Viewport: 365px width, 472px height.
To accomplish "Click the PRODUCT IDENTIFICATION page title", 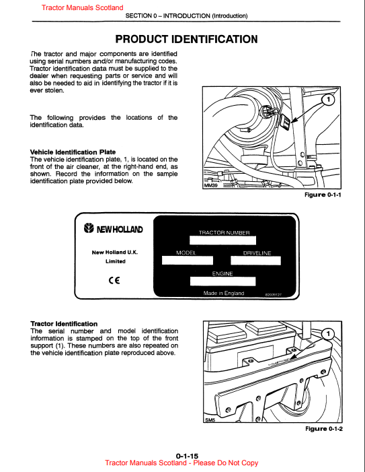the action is click(186, 39).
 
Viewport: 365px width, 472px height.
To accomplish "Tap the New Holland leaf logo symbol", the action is click(89, 228).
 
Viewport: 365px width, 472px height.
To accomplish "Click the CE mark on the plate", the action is click(114, 281).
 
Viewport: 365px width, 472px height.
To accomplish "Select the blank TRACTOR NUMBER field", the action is click(222, 240).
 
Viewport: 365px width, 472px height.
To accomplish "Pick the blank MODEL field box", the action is click(188, 261).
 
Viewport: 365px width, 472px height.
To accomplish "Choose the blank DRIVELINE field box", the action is click(255, 261).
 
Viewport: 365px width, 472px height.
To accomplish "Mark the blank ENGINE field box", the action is click(222, 281).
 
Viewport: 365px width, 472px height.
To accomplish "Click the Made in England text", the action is click(224, 293).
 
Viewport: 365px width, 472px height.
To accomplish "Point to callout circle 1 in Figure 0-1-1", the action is click(328, 100).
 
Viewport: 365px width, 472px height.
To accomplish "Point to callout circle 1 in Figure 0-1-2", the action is click(328, 333).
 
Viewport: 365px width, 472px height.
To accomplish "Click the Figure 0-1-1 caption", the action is click(323, 195).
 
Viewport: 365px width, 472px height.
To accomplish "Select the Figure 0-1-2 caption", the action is click(324, 429).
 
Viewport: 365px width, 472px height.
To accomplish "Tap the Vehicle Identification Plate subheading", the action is click(73, 152).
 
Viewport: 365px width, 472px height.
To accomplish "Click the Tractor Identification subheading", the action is click(64, 324).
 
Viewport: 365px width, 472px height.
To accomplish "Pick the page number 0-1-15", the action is click(187, 456).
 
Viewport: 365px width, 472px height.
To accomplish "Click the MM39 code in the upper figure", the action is click(210, 186).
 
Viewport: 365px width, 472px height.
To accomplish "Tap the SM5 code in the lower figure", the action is click(210, 420).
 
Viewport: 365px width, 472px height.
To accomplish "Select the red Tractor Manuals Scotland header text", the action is click(82, 7).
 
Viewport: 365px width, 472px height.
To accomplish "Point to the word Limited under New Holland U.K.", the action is click(116, 261).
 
